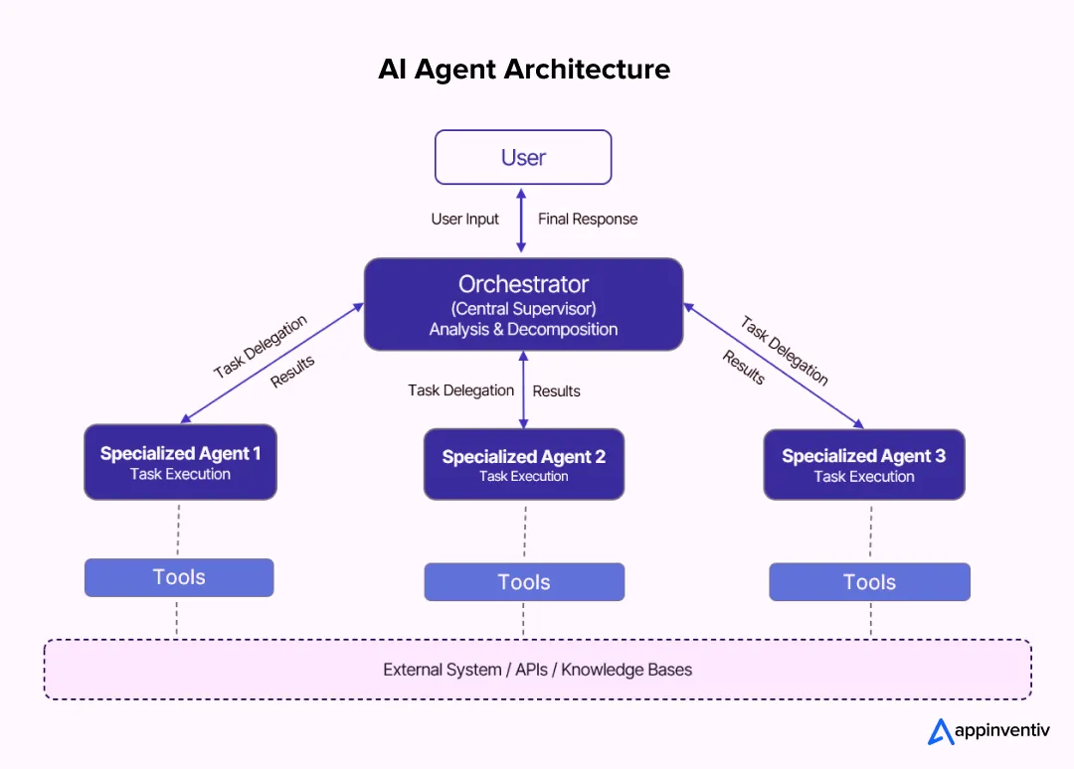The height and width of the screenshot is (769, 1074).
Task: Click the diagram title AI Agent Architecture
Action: coord(524,70)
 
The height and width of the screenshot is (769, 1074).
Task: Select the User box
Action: coord(523,157)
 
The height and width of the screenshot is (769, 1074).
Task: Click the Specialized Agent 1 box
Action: coord(180,462)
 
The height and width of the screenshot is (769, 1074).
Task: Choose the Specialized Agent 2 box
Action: coord(524,464)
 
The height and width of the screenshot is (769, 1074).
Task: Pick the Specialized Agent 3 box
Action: coord(864,464)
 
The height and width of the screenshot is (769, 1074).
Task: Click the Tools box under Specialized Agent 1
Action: coord(179,577)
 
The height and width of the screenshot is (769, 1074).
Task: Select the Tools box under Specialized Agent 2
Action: coord(524,582)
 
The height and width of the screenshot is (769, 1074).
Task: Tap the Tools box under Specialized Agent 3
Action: coord(869,582)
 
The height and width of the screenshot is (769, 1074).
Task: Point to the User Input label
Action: coord(465,219)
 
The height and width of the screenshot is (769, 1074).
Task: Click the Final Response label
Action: coord(588,219)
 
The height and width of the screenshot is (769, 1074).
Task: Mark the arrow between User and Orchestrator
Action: coord(521,221)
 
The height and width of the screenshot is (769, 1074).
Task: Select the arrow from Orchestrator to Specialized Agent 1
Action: coord(270,366)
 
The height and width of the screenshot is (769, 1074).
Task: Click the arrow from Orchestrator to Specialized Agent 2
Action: coord(522,389)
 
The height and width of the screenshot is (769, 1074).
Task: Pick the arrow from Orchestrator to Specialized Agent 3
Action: coord(773,366)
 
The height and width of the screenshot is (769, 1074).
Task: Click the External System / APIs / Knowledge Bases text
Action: coord(537,670)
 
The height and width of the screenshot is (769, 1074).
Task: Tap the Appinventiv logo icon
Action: coord(941,732)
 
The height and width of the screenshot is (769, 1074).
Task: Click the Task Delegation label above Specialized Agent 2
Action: coord(460,390)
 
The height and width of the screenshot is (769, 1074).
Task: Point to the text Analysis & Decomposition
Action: coord(523,329)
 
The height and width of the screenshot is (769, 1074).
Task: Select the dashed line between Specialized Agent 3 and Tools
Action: coord(870,532)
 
